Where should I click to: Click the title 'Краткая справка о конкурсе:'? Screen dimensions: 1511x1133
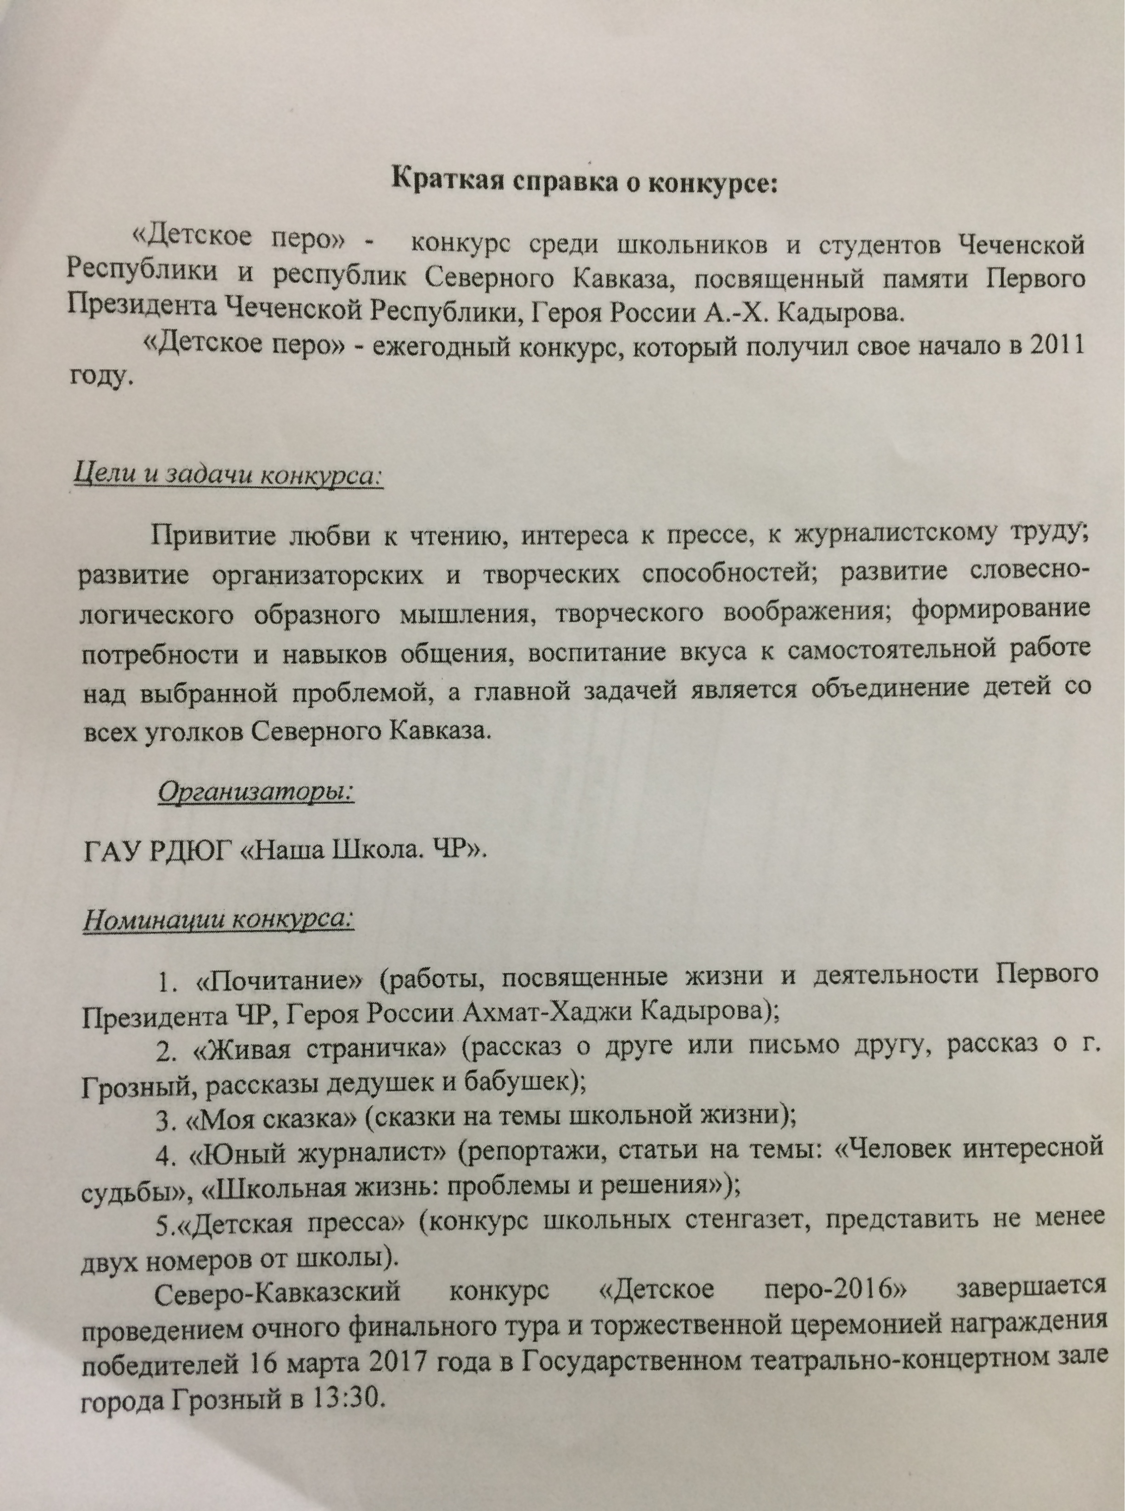click(584, 181)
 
